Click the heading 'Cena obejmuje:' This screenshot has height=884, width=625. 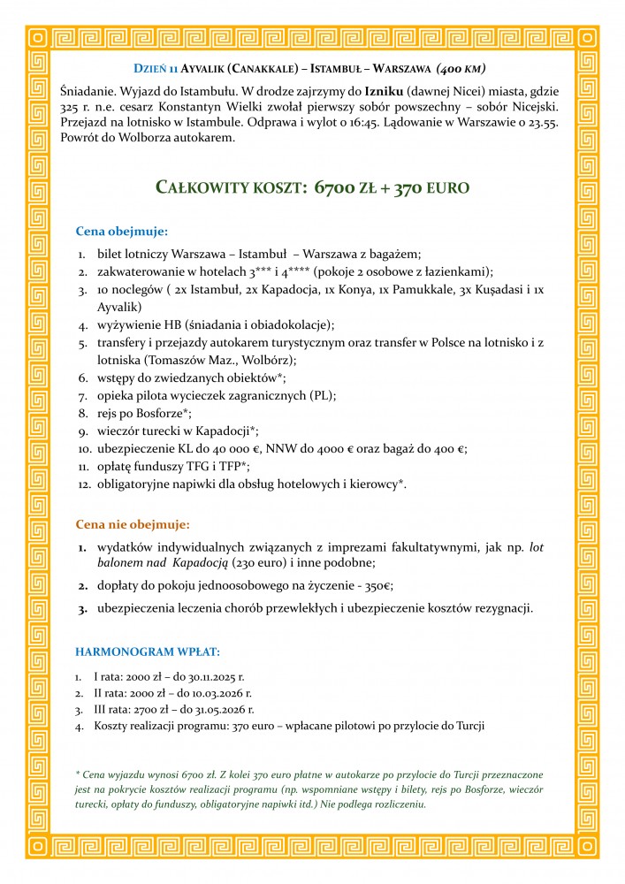click(x=121, y=232)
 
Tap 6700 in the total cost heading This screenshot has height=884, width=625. click(x=336, y=187)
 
